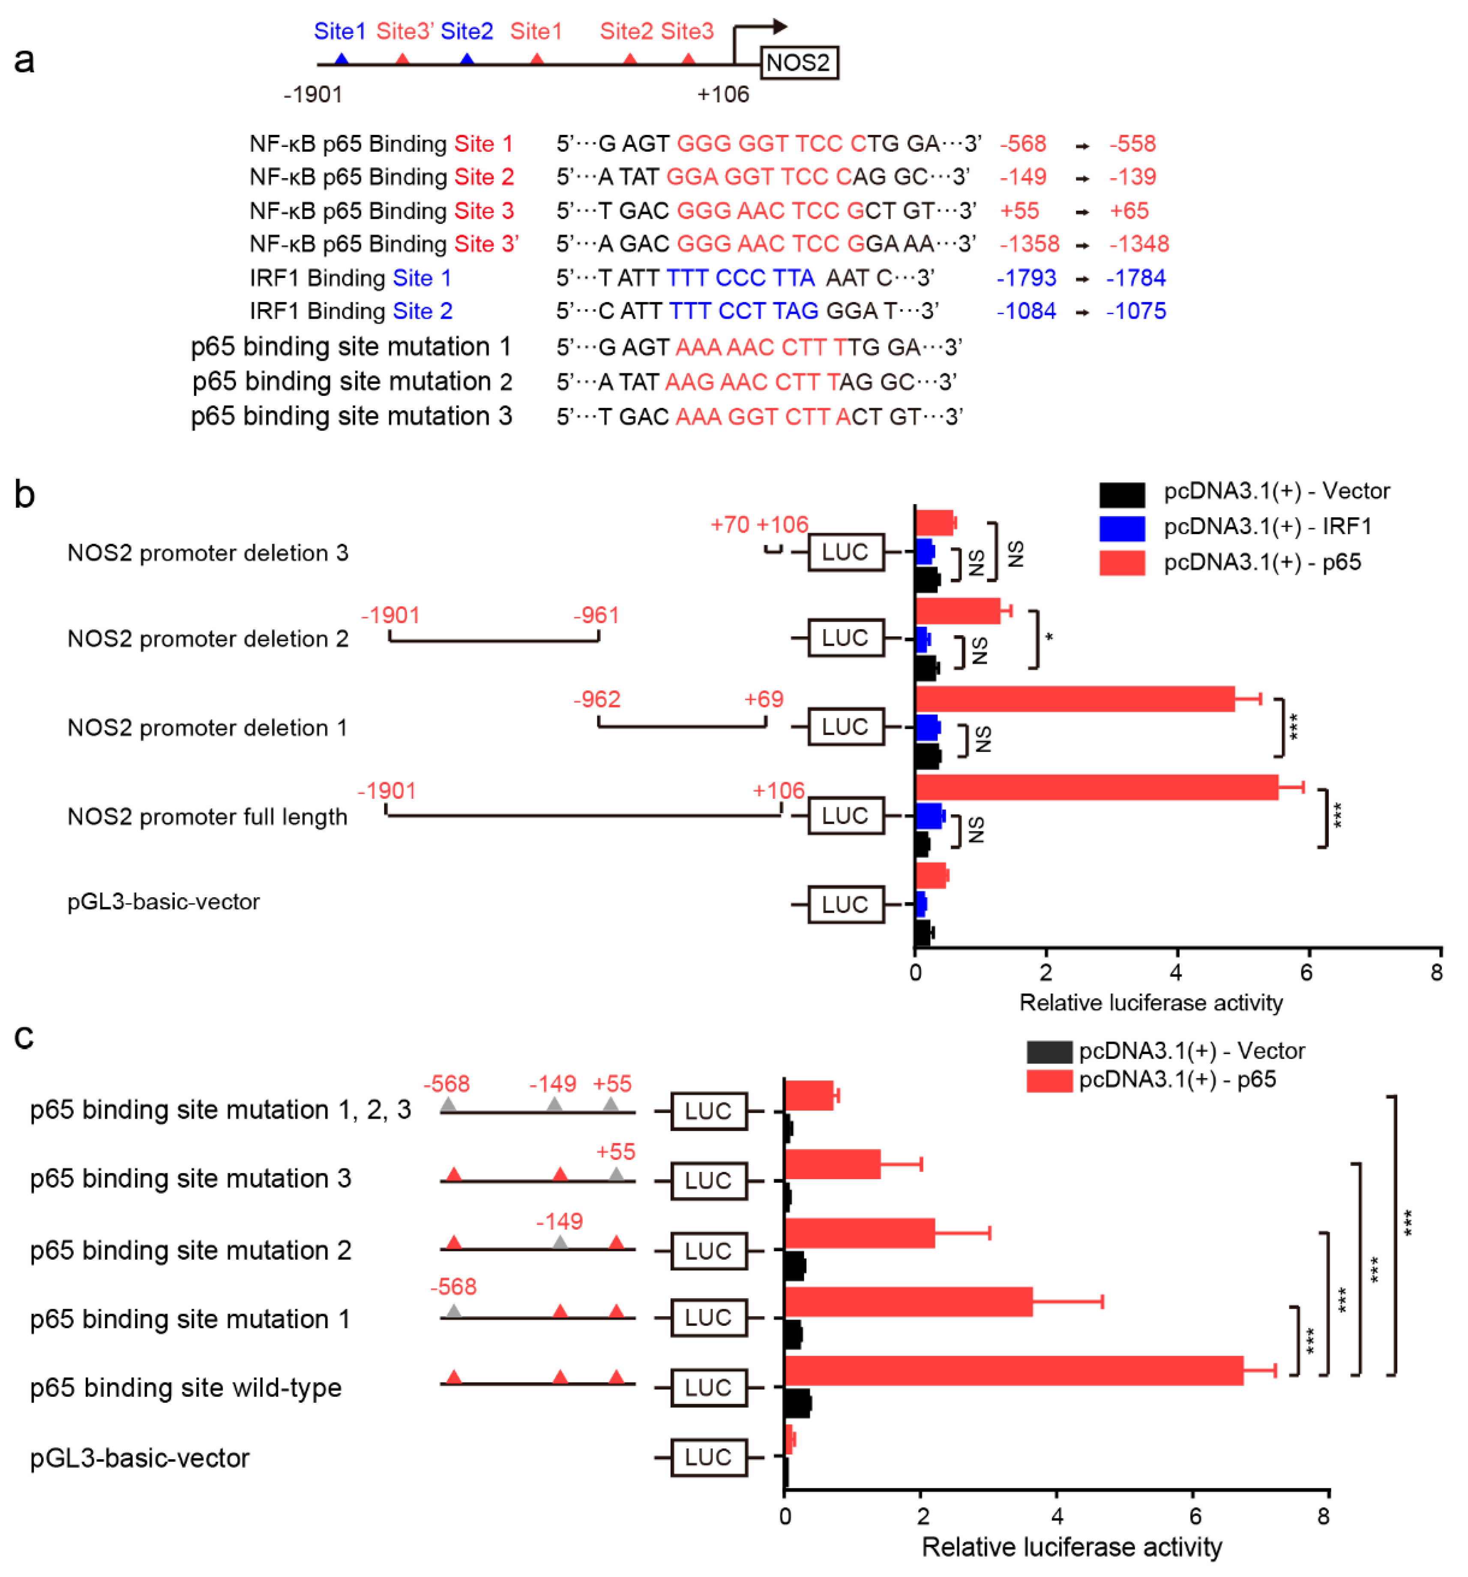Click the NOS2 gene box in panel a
tap(798, 63)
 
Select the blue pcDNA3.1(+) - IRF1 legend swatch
tap(1121, 528)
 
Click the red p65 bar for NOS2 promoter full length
tap(1095, 787)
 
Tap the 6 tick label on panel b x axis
tap(1306, 973)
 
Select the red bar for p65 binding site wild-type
tap(1013, 1370)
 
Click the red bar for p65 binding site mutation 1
tap(908, 1301)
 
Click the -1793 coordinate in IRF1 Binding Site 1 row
tap(1026, 278)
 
